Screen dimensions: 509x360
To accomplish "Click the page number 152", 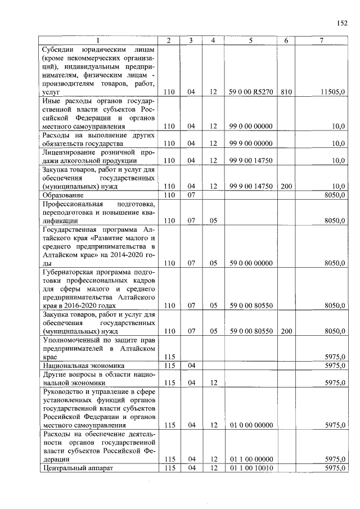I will coord(342,23).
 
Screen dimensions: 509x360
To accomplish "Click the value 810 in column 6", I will coord(286,91).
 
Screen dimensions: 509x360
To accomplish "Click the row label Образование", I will coord(62,195).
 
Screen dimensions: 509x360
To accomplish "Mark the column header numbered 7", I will coord(322,40).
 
